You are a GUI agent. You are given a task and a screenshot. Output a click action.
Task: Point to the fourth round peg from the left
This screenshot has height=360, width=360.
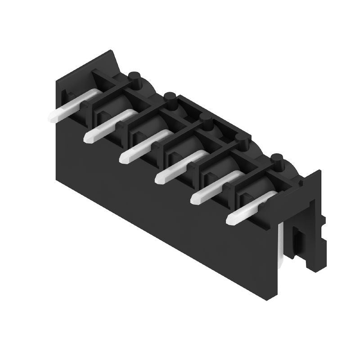click(242, 141)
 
